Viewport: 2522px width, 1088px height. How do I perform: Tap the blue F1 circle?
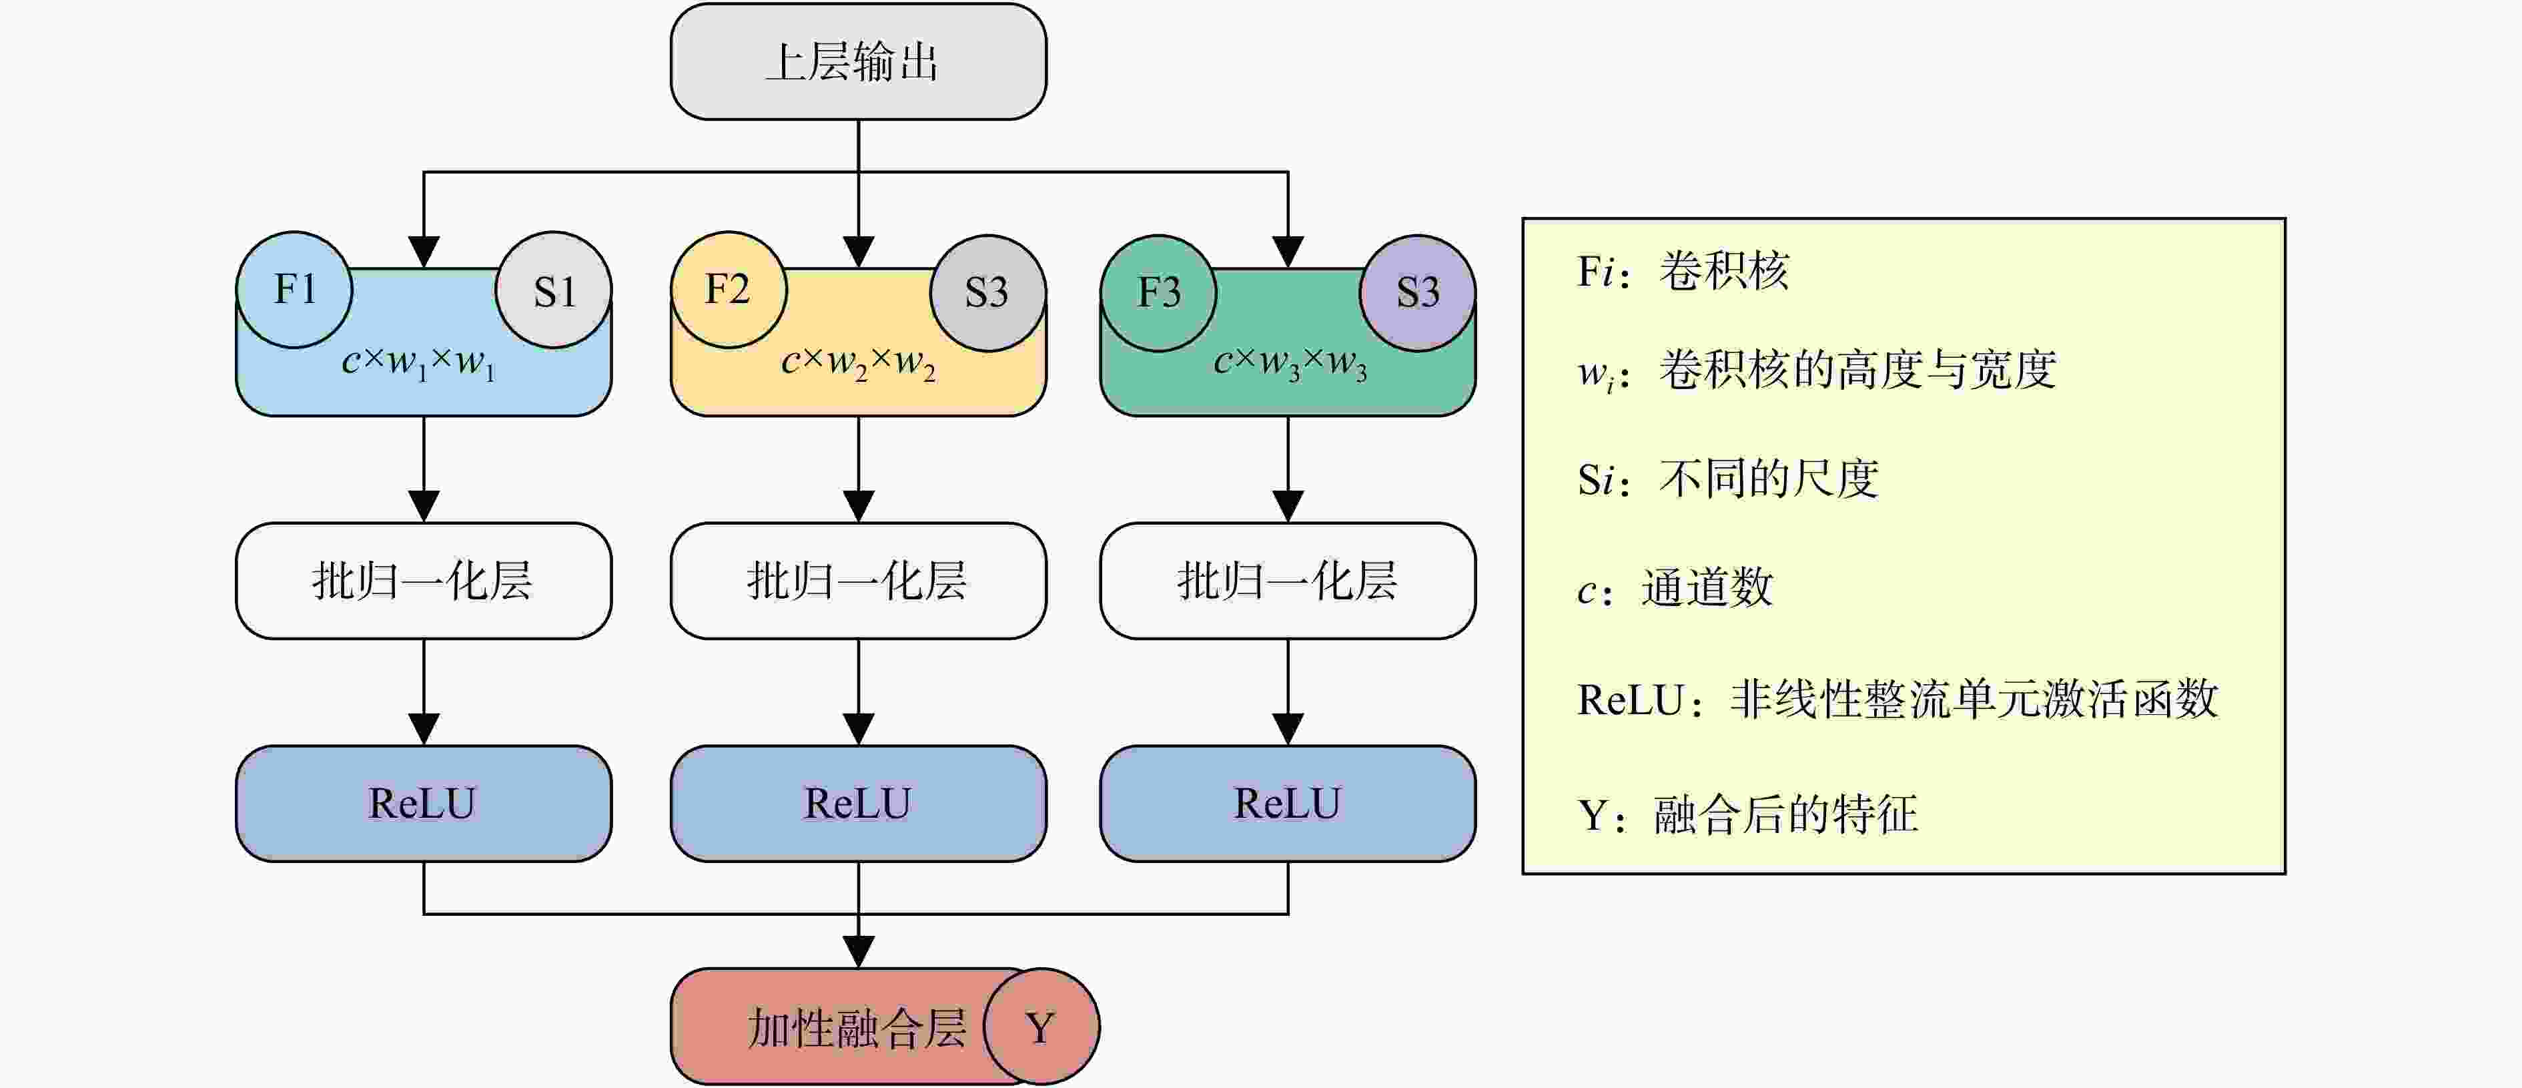click(295, 290)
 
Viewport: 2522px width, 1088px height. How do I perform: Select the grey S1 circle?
click(554, 290)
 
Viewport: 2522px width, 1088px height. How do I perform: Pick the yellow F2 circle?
click(729, 290)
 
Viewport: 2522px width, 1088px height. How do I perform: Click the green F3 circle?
click(1158, 293)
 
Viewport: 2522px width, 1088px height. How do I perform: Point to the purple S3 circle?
click(1418, 293)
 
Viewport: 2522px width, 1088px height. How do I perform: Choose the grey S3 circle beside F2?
click(988, 293)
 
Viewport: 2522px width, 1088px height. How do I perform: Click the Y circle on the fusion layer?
click(1041, 1027)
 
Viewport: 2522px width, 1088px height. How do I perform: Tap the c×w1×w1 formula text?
click(419, 363)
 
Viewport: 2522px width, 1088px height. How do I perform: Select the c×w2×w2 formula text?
click(859, 363)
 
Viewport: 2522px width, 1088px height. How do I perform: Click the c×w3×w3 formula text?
click(1290, 363)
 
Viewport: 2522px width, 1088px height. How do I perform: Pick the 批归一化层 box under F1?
click(424, 581)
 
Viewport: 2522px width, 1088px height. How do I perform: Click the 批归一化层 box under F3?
click(1288, 581)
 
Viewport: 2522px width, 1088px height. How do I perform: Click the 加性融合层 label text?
click(857, 1029)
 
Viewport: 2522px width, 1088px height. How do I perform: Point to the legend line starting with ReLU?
click(1898, 700)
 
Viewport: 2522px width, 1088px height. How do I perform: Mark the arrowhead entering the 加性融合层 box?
click(859, 952)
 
